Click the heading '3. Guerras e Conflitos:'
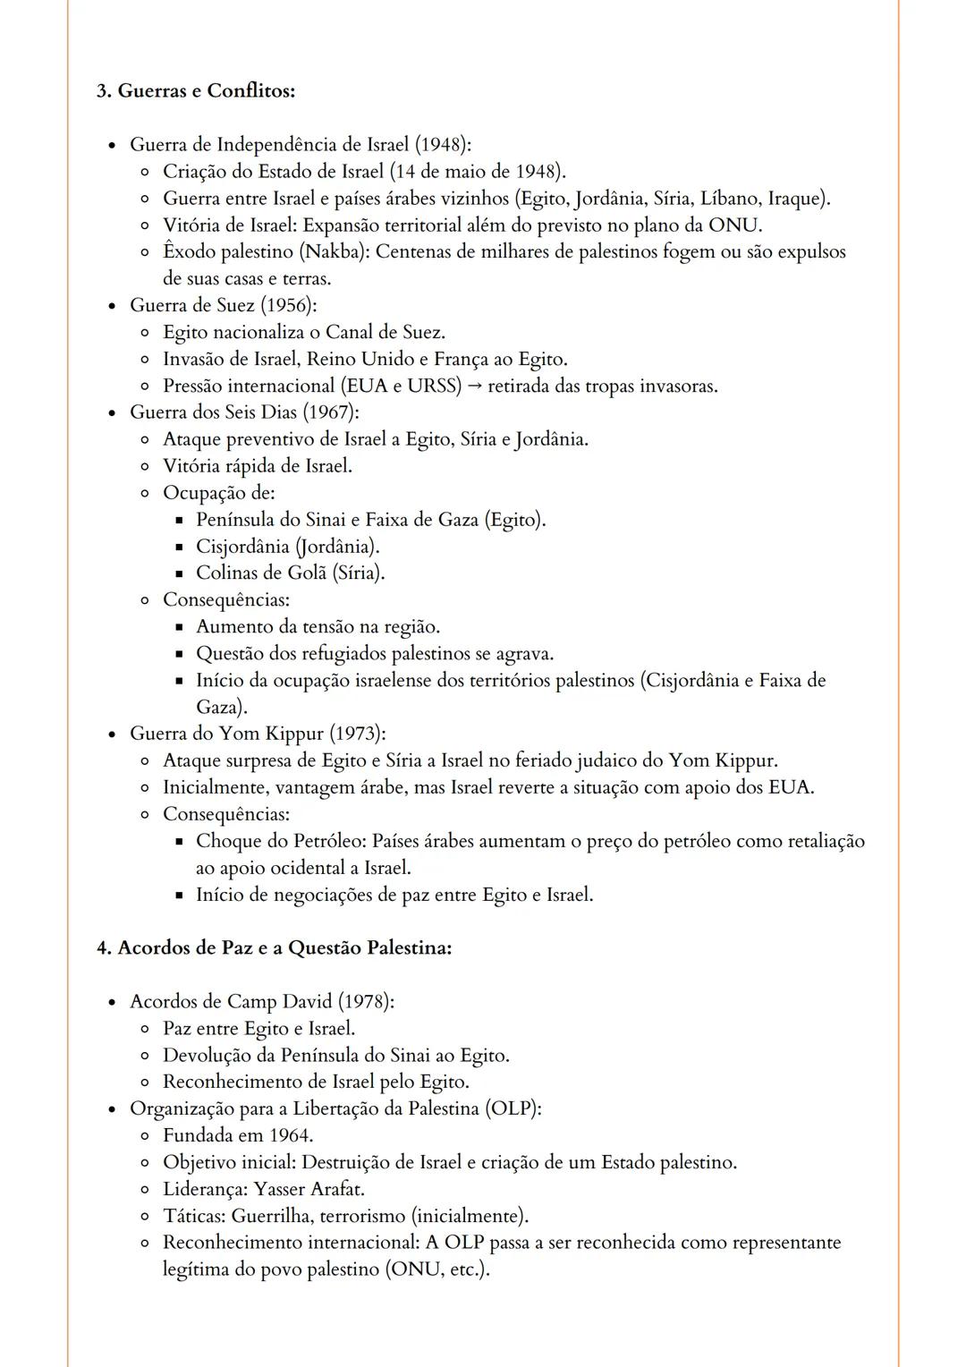196,91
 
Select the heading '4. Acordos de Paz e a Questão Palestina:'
274,948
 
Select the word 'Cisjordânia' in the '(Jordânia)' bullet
242,547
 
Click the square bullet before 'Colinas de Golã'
179,573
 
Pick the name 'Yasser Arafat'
309,1190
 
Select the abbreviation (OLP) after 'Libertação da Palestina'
513,1109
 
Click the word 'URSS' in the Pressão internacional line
433,386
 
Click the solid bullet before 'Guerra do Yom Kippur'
112,735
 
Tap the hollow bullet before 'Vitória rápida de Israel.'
146,467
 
